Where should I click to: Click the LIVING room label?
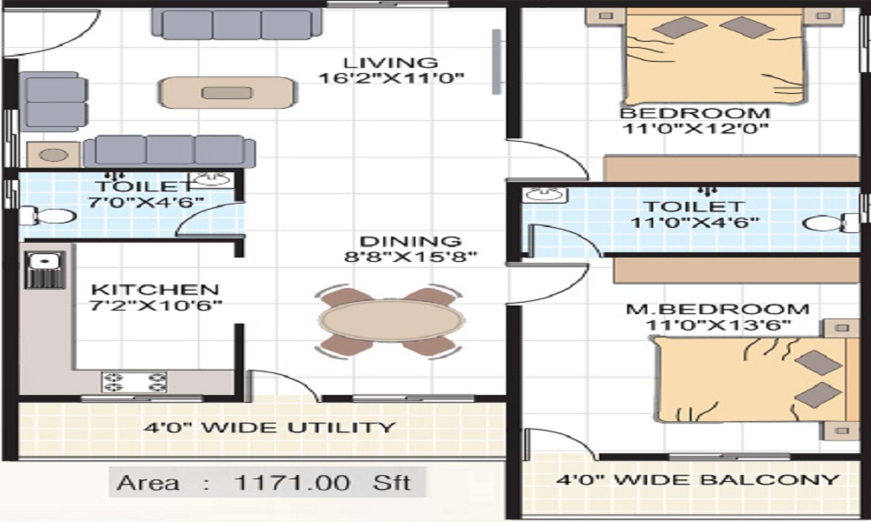(390, 63)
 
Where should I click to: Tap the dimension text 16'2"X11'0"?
(391, 78)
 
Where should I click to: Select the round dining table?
(390, 320)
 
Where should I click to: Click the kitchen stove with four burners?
(134, 382)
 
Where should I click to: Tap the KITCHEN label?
(155, 290)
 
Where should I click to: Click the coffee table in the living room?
(226, 92)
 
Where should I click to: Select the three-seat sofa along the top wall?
(237, 23)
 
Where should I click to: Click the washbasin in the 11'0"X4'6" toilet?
(545, 195)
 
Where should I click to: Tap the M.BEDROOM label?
(717, 309)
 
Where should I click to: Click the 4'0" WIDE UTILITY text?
(269, 428)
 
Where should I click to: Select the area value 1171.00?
(292, 483)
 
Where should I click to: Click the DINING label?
(410, 242)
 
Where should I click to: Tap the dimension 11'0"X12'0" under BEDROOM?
(695, 130)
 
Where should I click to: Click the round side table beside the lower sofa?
(53, 155)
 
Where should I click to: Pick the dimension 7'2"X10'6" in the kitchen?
(156, 305)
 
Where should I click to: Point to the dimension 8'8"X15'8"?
(410, 258)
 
